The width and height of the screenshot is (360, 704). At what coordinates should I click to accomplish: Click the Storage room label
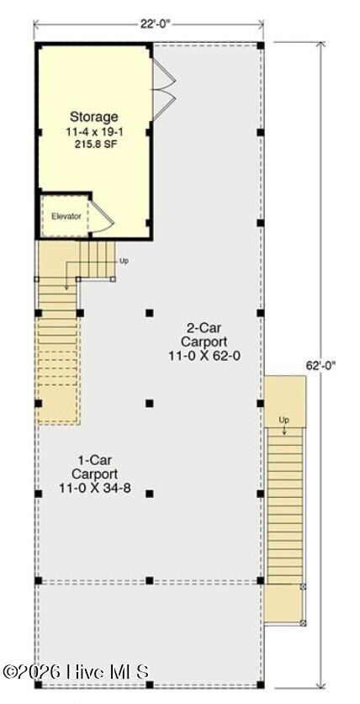click(94, 117)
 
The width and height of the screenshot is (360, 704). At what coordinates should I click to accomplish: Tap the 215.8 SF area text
click(94, 144)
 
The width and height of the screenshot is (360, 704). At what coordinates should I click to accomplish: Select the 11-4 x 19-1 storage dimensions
click(94, 133)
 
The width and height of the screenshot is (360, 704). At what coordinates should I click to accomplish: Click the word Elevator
click(66, 216)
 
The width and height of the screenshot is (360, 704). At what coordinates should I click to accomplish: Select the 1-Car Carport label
click(95, 467)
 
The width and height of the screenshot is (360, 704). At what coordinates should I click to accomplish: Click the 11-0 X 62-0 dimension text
click(198, 356)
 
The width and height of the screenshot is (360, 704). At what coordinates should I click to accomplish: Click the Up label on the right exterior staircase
click(284, 421)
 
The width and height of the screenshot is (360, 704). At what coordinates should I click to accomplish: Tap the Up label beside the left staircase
click(124, 261)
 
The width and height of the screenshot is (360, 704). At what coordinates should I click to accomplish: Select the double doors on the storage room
click(164, 90)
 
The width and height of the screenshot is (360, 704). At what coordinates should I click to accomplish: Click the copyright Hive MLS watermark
click(76, 672)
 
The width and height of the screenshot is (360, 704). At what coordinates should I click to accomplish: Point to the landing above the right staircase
click(285, 402)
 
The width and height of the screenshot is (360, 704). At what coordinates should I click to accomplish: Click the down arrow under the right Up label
click(284, 430)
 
